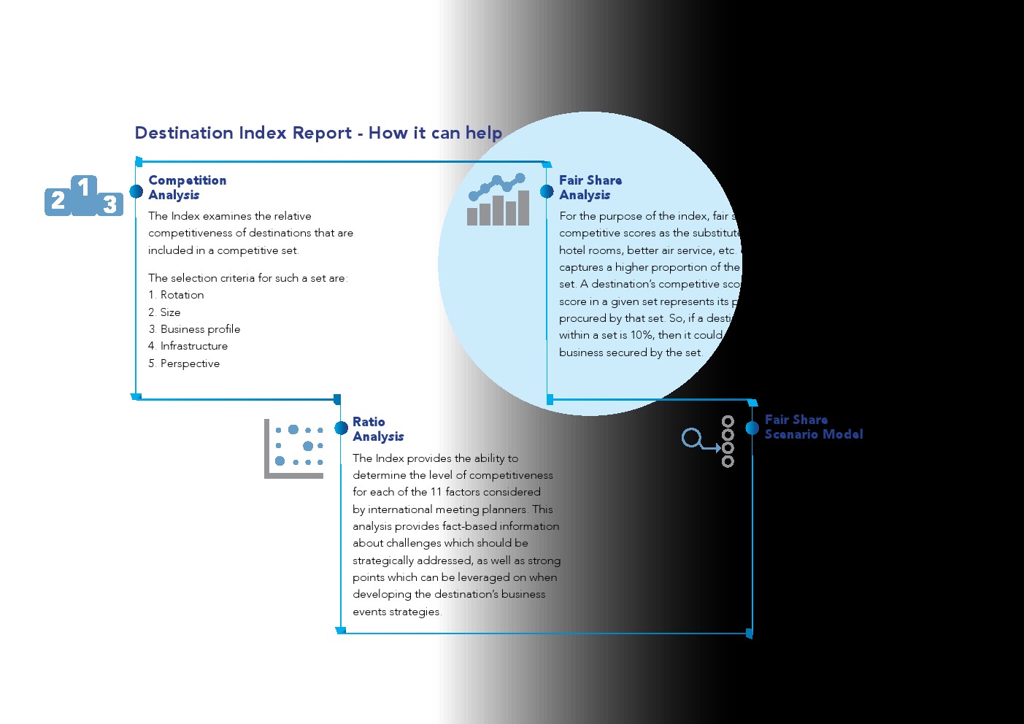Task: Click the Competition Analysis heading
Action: [187, 188]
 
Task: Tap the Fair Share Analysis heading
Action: [590, 188]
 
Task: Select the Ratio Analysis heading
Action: [377, 429]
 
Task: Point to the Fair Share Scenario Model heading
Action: [813, 427]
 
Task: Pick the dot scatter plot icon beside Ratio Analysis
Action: [294, 449]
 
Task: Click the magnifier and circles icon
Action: [708, 441]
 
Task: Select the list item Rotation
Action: [182, 295]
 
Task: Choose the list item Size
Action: [170, 312]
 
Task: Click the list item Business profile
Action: [200, 329]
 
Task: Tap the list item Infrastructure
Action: [194, 346]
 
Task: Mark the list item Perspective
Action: [190, 363]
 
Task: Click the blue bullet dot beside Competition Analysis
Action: [136, 191]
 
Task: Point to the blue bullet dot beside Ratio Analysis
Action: [341, 428]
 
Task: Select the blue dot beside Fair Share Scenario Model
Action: [752, 428]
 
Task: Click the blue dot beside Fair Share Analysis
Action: [547, 191]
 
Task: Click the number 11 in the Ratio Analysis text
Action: [436, 492]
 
